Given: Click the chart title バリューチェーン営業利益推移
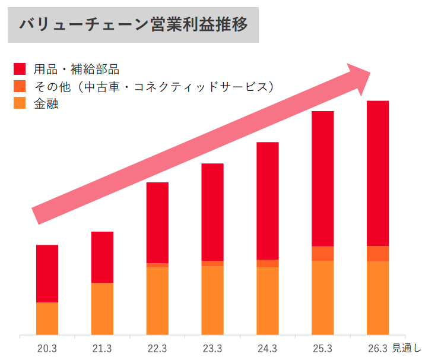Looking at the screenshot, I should [133, 25].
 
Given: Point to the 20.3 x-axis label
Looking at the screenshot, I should [47, 348].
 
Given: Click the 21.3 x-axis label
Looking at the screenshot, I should [102, 348].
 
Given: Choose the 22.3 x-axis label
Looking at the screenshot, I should [157, 348].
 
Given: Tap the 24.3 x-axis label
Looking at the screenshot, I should [267, 348].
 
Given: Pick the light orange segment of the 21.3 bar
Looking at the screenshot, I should [102, 308].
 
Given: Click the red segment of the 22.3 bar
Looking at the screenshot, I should [157, 222].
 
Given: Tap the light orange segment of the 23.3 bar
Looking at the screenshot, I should [212, 300].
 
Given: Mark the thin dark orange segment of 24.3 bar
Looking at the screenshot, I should [267, 263].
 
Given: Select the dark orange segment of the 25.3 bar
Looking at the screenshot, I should [322, 254].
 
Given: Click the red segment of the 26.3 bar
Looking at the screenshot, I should [377, 173].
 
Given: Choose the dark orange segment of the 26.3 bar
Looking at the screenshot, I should [377, 254].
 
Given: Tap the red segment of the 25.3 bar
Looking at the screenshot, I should [322, 178].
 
